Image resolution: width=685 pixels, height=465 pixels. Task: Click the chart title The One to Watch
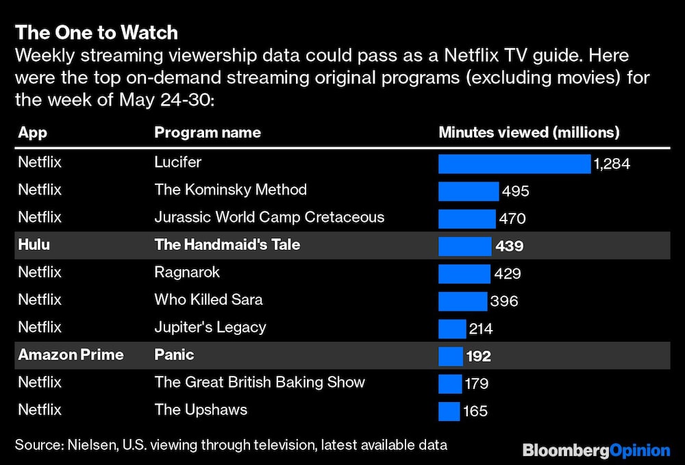tap(97, 32)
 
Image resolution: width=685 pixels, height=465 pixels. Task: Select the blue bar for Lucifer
tap(514, 164)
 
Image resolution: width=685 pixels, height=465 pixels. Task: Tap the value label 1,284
tap(612, 164)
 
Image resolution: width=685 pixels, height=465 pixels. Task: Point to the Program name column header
tap(208, 132)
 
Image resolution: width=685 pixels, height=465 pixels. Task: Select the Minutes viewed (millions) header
tap(529, 132)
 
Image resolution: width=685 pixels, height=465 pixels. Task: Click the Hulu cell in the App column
tap(34, 244)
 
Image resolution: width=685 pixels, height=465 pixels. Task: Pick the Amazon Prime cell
tap(71, 355)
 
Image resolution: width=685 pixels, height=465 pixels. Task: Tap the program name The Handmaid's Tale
tap(227, 244)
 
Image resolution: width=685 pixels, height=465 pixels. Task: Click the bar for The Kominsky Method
tap(469, 191)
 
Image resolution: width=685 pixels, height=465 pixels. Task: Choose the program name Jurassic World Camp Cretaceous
tap(269, 217)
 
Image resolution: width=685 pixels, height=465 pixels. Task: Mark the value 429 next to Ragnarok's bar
tap(508, 273)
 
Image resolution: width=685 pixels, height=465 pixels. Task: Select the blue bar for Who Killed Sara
tap(462, 301)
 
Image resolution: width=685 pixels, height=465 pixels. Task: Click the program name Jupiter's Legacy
tap(210, 327)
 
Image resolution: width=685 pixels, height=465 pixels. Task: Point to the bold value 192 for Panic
tap(478, 356)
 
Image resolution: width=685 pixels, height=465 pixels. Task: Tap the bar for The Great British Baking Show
tap(450, 384)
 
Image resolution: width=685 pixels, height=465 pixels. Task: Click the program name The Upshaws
tap(201, 410)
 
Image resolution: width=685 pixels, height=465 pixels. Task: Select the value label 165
tap(475, 411)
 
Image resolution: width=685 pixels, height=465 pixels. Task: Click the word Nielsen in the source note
tap(92, 445)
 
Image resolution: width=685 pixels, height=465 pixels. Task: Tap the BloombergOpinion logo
tap(596, 450)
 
